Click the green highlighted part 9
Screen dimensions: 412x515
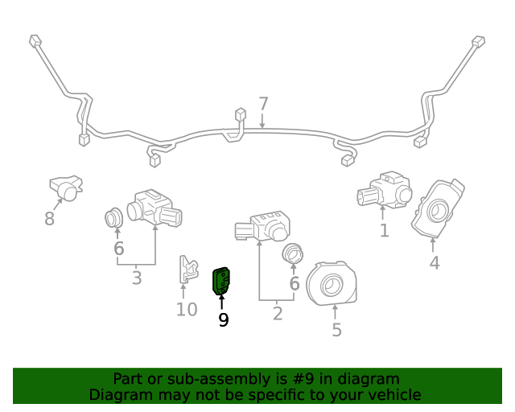220,282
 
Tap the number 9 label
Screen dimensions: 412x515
223,320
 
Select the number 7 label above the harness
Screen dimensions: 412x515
263,104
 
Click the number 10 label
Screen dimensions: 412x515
186,309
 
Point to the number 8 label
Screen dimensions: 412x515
49,219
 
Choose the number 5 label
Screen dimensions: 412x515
336,330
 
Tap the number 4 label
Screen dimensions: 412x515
434,263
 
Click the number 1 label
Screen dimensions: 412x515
384,231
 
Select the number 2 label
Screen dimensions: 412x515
278,314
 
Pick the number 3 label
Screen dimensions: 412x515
137,278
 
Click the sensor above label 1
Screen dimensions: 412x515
384,192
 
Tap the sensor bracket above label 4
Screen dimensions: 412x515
438,209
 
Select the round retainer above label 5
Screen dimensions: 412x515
332,284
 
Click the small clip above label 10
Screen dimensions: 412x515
187,270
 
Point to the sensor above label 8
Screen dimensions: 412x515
65,187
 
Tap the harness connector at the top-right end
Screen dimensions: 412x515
478,41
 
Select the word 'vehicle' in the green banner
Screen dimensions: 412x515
393,394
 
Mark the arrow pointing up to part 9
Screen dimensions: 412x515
221,303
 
